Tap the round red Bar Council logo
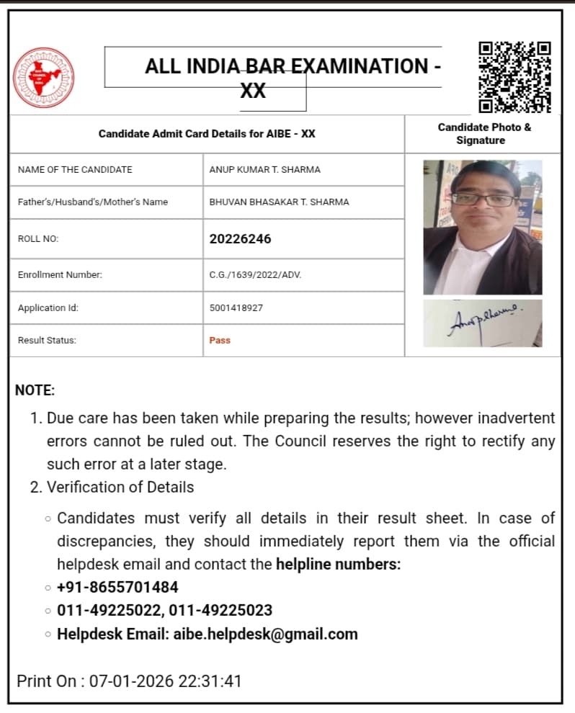coord(43,77)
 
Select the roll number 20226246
coord(240,239)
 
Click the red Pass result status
coord(220,341)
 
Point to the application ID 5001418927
coord(236,308)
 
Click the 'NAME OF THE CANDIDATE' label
coord(75,170)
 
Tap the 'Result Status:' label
coord(47,341)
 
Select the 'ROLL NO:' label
coord(38,239)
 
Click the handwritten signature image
coord(482,323)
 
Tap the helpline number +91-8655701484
coord(117,587)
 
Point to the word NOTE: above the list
coord(35,391)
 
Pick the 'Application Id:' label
coord(48,308)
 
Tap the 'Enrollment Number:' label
coord(60,274)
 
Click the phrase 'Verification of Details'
coord(120,487)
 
